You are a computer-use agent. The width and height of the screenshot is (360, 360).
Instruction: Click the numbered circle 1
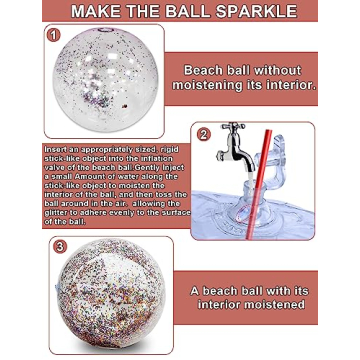click(53, 35)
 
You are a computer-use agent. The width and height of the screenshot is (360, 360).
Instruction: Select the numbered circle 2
click(203, 134)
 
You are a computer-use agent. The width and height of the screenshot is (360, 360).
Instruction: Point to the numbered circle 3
click(59, 246)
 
